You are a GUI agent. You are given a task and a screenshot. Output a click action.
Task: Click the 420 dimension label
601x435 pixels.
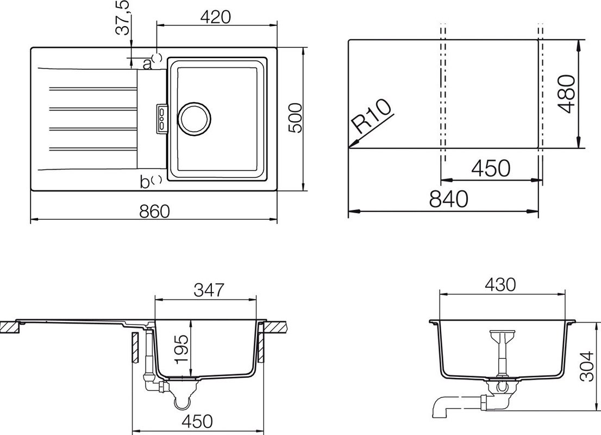(x=215, y=17)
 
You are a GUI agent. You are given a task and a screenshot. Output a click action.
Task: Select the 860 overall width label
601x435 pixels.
(x=154, y=211)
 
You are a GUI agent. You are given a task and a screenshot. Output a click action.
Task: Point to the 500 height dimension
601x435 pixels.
(x=295, y=118)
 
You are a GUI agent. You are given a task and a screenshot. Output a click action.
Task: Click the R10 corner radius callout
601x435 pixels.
(x=372, y=116)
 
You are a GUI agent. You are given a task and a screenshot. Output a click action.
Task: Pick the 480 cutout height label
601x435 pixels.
(x=566, y=94)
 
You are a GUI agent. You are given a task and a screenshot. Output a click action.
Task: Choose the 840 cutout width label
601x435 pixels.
(x=448, y=198)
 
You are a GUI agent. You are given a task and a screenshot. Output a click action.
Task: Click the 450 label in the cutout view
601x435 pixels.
(x=491, y=167)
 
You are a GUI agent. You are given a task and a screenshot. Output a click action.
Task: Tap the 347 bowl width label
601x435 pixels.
(x=208, y=290)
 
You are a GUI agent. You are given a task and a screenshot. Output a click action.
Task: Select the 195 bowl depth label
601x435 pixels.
(x=181, y=349)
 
